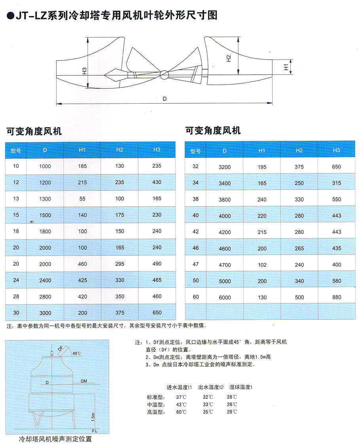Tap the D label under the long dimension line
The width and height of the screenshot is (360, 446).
pos(164,99)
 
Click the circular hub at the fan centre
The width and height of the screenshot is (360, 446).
pos(164,74)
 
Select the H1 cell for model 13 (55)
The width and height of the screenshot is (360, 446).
pos(82,199)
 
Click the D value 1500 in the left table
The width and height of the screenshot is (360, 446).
pos(45,215)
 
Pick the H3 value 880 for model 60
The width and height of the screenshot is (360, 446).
pos(336,297)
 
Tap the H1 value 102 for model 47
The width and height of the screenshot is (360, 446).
pos(262,265)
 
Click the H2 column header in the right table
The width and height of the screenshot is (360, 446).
pos(299,150)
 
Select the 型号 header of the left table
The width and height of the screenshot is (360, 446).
pos(16,150)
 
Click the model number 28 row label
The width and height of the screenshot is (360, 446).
pos(16,296)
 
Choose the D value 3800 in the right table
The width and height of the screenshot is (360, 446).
pos(224,200)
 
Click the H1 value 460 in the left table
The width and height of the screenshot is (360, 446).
pos(82,264)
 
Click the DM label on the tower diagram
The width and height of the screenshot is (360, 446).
pos(84,381)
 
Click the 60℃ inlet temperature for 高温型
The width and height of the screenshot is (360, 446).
pos(181,412)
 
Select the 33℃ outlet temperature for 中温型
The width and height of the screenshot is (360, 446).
pos(208,404)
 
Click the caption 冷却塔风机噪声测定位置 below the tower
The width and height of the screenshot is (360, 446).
pos(55,439)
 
